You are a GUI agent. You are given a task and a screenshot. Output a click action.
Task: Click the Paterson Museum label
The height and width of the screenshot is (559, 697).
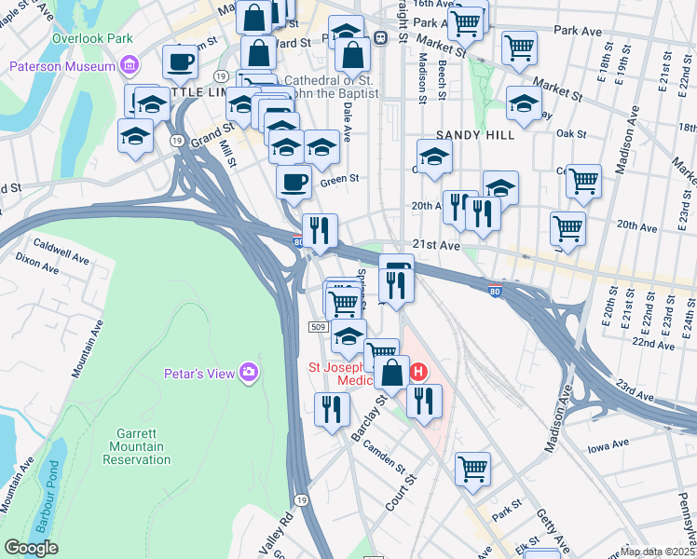point(61,66)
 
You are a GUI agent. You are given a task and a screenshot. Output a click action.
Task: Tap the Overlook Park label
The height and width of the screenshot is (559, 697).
point(92,39)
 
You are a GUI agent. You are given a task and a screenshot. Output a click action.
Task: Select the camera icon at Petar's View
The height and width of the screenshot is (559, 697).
point(248,373)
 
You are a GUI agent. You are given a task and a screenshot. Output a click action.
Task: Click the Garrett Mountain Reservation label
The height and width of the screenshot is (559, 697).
point(141,447)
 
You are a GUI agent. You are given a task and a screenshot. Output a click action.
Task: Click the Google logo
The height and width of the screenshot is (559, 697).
point(31,548)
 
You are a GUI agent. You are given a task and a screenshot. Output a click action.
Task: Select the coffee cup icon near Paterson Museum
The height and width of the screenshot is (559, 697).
point(181,62)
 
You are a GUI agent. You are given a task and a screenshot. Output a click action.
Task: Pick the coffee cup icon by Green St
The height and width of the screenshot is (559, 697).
point(294,181)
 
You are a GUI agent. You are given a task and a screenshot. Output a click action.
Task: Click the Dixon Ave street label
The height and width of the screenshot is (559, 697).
point(37,264)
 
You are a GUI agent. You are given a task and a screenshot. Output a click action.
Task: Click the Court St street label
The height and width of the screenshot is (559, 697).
point(401,492)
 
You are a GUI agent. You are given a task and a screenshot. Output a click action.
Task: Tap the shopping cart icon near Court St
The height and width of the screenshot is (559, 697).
point(472,469)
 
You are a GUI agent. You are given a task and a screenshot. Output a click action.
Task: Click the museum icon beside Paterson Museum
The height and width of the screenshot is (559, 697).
point(130,66)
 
